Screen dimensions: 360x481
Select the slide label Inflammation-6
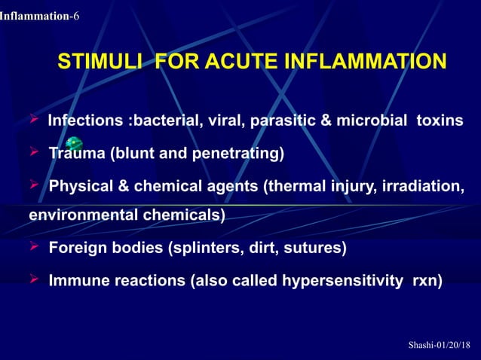coord(40,16)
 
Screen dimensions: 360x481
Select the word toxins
coord(440,121)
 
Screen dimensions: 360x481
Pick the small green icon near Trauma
coord(73,143)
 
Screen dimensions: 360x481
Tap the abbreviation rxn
coord(427,281)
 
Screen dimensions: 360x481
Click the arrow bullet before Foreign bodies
coord(35,246)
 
